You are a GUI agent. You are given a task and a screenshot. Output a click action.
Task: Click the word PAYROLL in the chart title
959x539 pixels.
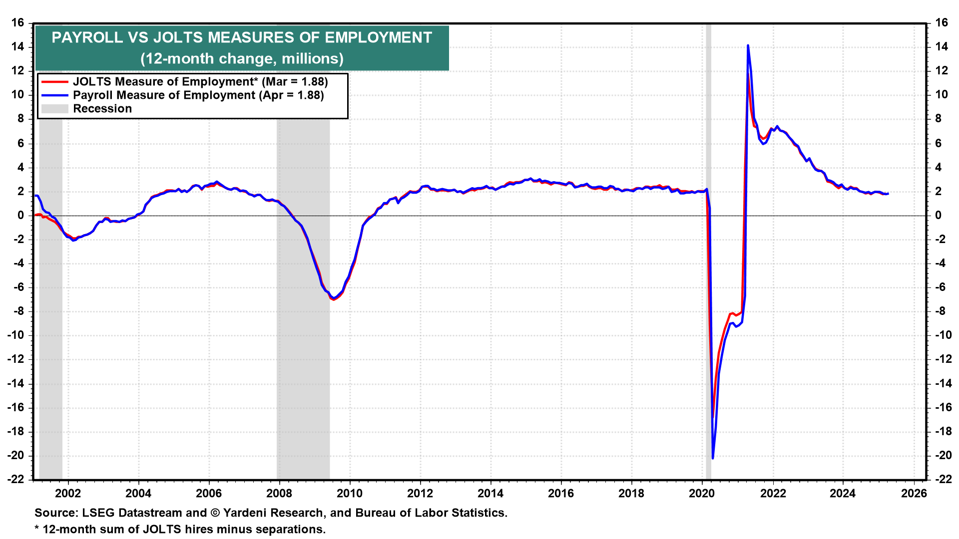click(x=87, y=38)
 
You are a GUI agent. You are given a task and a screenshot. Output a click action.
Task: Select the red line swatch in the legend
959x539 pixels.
click(x=54, y=82)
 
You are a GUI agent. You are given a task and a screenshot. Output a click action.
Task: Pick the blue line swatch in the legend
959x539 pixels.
click(x=54, y=95)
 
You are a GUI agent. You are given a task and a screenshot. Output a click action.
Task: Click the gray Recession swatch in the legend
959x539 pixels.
click(x=54, y=109)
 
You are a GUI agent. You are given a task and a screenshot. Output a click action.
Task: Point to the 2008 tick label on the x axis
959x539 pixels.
click(x=279, y=494)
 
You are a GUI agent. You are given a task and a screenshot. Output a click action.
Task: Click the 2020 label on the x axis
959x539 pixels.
click(x=702, y=494)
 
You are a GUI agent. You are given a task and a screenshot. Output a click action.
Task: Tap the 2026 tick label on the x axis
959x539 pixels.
click(x=914, y=494)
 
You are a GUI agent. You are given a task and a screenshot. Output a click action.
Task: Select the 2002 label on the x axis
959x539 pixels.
click(x=68, y=494)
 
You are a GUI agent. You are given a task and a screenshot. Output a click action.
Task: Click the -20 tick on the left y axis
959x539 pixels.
click(x=16, y=456)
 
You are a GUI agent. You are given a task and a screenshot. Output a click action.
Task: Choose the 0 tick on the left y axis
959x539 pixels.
click(x=21, y=216)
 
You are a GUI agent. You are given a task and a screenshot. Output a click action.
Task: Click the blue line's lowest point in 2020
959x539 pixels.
click(x=713, y=458)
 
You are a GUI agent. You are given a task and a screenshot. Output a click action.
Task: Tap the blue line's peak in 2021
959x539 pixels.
click(x=748, y=46)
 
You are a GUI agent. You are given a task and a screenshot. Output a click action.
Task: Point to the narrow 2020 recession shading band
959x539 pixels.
click(x=708, y=250)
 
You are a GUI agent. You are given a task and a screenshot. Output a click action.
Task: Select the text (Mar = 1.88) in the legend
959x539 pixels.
click(x=295, y=82)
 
